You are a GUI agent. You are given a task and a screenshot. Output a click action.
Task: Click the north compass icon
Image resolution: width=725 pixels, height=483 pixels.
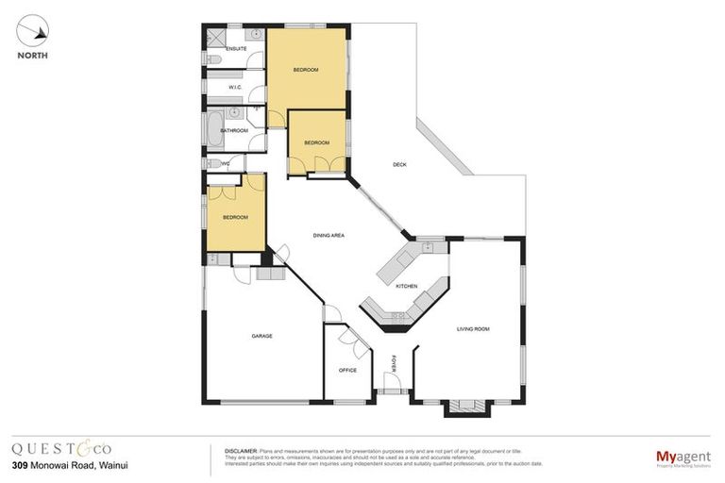[x=33, y=32]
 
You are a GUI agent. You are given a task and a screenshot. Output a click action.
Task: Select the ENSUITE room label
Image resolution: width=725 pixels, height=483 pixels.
[x=236, y=47]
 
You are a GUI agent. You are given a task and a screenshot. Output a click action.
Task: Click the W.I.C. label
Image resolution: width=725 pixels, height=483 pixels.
[x=235, y=88]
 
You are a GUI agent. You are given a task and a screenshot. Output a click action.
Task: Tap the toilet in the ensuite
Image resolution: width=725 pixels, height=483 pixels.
[x=212, y=60]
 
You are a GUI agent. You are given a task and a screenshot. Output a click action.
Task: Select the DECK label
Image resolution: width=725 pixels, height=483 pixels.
[x=399, y=164]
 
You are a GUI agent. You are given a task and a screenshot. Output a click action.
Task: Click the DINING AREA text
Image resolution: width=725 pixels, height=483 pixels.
[x=329, y=235]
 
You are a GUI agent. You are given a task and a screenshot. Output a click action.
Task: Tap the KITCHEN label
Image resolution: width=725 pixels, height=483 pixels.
[x=406, y=285]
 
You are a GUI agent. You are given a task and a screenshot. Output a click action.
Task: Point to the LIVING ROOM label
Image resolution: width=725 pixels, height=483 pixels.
[x=473, y=328]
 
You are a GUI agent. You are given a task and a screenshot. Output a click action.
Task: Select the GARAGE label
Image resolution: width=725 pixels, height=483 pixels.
[x=261, y=336]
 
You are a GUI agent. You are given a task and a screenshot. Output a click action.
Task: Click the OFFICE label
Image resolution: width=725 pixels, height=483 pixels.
[x=347, y=370]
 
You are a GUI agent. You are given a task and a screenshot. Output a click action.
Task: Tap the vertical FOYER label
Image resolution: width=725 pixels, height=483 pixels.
[x=394, y=362]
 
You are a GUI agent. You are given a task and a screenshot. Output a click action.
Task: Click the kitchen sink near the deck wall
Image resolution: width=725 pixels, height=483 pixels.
[x=428, y=248]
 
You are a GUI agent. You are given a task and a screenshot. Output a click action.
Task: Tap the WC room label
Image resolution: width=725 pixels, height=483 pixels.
[x=225, y=163]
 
